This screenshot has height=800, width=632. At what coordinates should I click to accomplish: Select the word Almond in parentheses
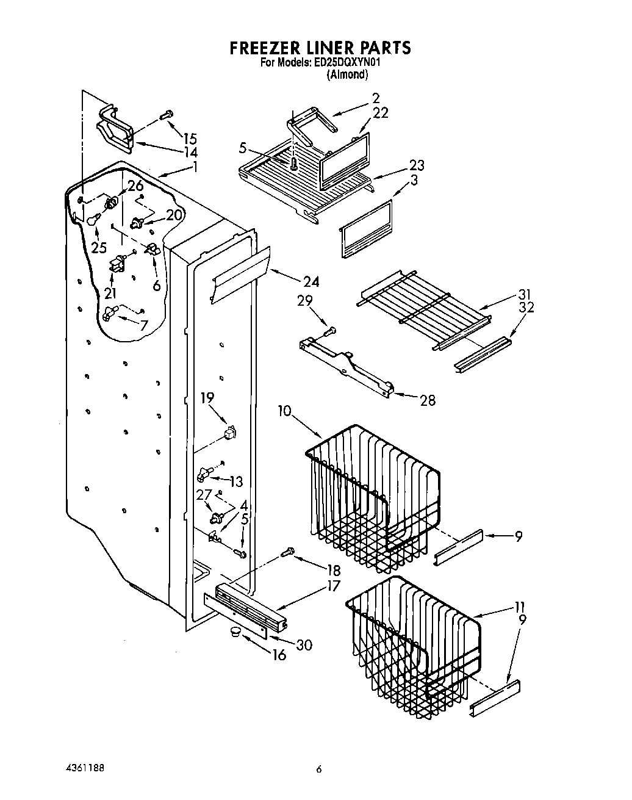347,74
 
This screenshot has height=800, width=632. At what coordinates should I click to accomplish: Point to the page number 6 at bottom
318,769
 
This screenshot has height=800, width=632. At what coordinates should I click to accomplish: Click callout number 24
311,281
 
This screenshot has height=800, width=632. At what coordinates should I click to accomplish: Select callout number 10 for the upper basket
285,411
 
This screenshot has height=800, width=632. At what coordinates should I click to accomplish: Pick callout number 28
427,400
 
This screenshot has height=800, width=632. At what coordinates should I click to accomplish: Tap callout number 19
207,398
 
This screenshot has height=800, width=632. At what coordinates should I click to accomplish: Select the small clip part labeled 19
230,433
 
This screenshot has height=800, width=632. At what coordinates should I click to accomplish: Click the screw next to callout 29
329,332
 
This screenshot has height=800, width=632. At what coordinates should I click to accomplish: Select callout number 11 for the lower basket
519,607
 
